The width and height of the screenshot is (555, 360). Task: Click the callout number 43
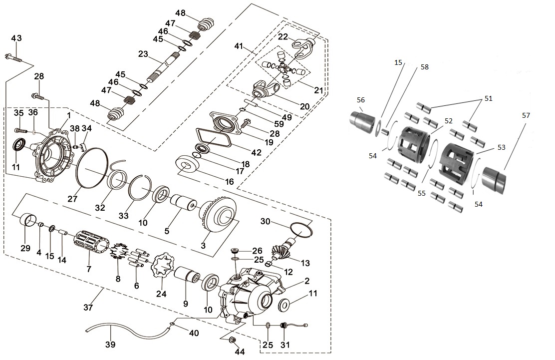point(16,38)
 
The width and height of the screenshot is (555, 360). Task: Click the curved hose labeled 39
point(125,330)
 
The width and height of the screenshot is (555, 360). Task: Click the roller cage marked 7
point(91,244)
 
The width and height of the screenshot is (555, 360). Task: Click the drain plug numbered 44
point(232,341)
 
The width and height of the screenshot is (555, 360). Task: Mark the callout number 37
point(88,308)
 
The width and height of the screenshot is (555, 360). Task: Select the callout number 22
point(283,37)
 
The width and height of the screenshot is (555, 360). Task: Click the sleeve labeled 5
point(183,206)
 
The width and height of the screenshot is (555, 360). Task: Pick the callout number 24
point(161,294)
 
